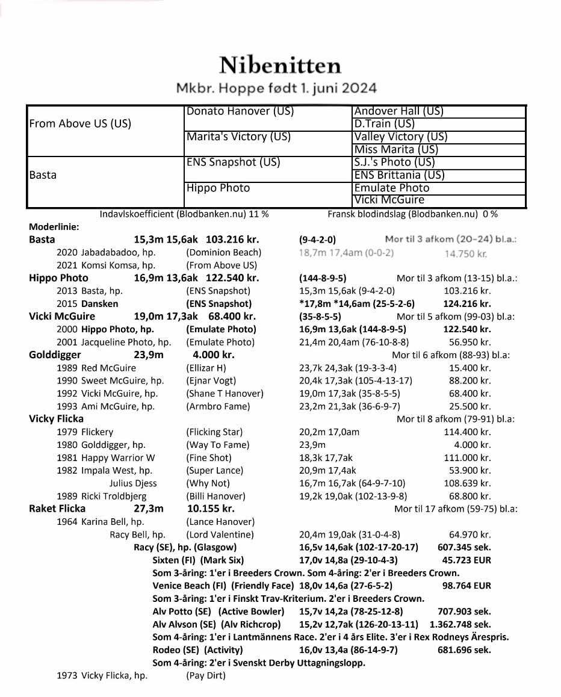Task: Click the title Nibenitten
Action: pyautogui.click(x=280, y=65)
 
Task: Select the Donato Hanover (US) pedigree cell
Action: pyautogui.click(x=240, y=111)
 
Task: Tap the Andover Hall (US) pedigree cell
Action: pyautogui.click(x=398, y=111)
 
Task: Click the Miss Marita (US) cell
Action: pyautogui.click(x=395, y=149)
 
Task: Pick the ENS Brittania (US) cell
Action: pyautogui.click(x=399, y=175)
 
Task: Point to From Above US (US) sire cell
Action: pyautogui.click(x=80, y=124)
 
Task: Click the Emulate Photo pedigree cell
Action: pyautogui.click(x=392, y=188)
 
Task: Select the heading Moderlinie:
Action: pyautogui.click(x=54, y=227)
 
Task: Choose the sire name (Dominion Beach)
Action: pyautogui.click(x=223, y=252)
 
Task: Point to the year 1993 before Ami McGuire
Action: pyautogui.click(x=67, y=406)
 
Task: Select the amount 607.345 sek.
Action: pyautogui.click(x=464, y=547)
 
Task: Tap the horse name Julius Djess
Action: pyautogui.click(x=133, y=483)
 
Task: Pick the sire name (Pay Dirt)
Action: pyautogui.click(x=206, y=675)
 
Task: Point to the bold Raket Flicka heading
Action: pyautogui.click(x=57, y=509)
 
